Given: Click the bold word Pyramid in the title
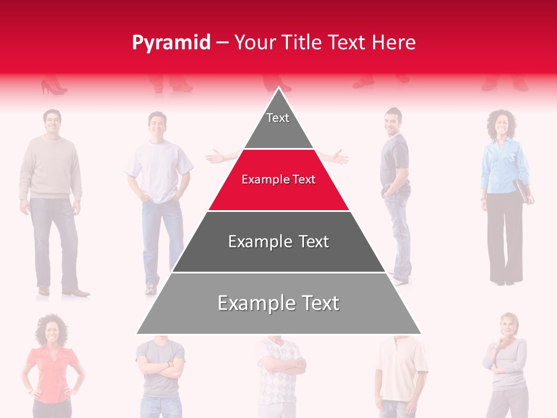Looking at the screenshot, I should [x=171, y=42].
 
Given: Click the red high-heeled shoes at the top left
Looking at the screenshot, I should [x=53, y=88].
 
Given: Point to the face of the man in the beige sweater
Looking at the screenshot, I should [x=52, y=122].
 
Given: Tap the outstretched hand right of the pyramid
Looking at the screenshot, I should [x=339, y=156].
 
